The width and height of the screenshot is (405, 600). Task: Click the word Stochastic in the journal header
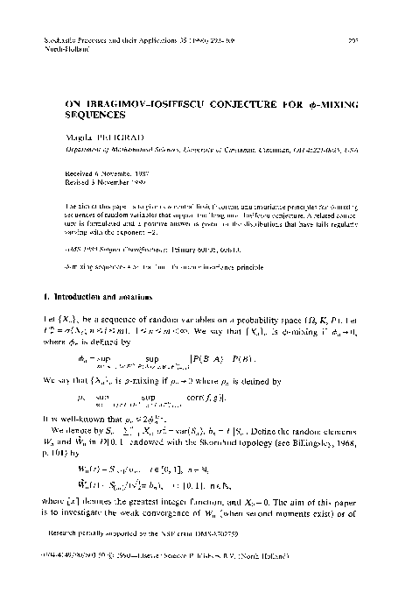pyautogui.click(x=60, y=40)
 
